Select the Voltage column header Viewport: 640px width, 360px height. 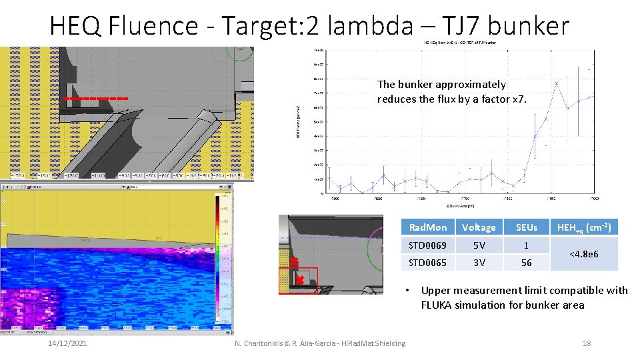point(479,227)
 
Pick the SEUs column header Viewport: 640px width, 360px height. point(526,227)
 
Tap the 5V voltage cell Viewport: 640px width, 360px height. point(479,245)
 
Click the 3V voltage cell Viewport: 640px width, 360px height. point(479,262)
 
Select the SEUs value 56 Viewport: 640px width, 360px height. point(526,262)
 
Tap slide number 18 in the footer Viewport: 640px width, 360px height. point(587,343)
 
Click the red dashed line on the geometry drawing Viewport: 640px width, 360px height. point(96,98)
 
